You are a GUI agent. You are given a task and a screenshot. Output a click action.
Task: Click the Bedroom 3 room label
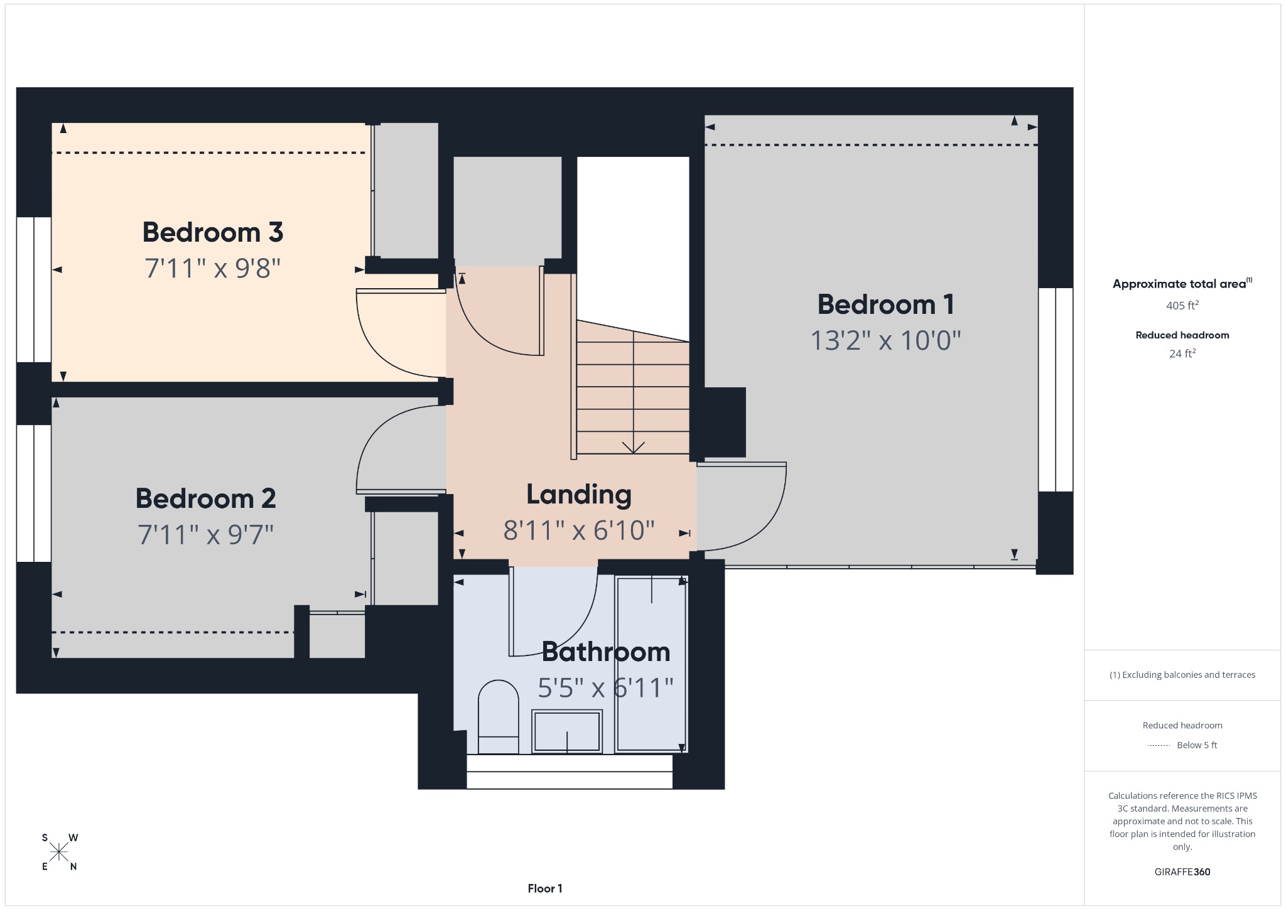coord(213,232)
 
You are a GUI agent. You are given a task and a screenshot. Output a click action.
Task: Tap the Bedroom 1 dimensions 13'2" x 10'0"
coord(886,341)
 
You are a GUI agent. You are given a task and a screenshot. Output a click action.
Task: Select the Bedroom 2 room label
coord(206,498)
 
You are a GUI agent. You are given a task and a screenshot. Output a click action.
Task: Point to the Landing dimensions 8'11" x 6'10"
coord(579,530)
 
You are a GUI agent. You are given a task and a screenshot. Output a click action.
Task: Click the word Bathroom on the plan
coord(606,652)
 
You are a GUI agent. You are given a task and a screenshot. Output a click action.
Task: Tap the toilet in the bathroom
coord(499,717)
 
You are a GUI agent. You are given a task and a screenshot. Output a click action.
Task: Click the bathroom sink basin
coord(567,731)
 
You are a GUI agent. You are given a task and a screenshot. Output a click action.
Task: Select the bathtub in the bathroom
coord(651,664)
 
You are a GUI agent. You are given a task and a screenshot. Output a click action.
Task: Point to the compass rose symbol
coord(59,852)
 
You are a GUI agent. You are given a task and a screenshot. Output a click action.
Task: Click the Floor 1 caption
coord(545,888)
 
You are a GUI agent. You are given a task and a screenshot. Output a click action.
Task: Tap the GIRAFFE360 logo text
coord(1182,872)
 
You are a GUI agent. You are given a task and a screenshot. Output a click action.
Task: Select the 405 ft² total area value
coord(1182,305)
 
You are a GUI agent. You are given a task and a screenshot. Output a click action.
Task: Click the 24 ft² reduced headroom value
coord(1182,353)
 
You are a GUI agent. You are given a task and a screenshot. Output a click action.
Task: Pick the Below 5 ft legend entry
coord(1182,745)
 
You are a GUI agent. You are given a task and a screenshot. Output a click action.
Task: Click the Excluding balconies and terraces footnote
coord(1182,675)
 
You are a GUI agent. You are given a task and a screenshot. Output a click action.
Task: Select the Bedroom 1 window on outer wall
coord(1056,389)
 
